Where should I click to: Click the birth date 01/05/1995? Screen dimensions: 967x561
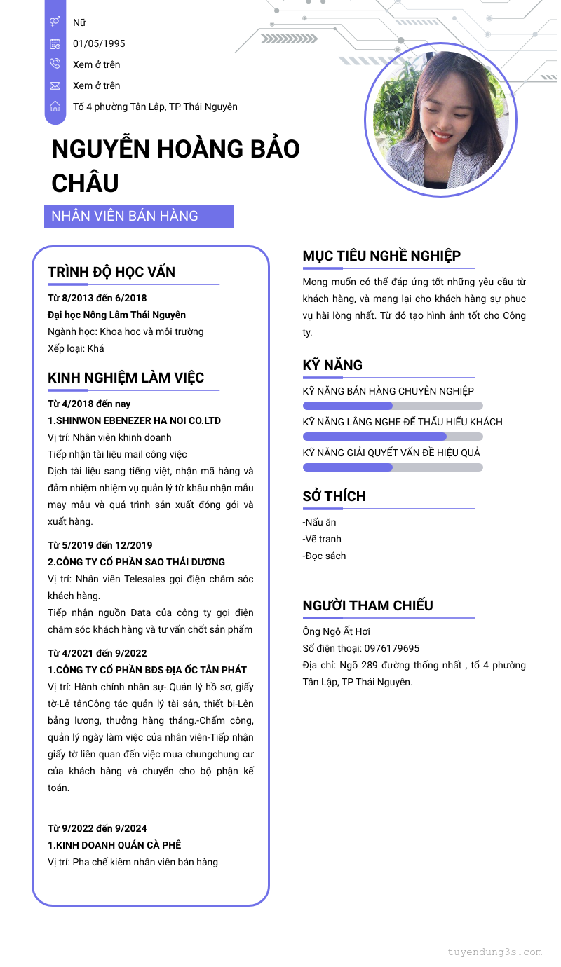pyautogui.click(x=99, y=43)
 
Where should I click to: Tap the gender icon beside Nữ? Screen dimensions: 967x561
pyautogui.click(x=55, y=22)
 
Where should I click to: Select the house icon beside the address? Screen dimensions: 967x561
pyautogui.click(x=55, y=107)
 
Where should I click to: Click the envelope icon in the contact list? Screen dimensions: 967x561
pyautogui.click(x=55, y=85)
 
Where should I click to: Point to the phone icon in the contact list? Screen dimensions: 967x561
pyautogui.click(x=55, y=64)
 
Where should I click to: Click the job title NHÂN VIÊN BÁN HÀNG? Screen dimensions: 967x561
pyautogui.click(x=125, y=216)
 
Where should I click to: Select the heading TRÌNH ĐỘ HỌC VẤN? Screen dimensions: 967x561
pyautogui.click(x=111, y=272)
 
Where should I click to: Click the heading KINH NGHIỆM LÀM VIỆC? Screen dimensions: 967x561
pyautogui.click(x=126, y=378)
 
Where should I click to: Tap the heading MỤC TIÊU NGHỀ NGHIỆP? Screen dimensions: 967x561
pyautogui.click(x=381, y=256)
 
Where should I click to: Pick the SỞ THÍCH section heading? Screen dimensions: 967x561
pyautogui.click(x=334, y=496)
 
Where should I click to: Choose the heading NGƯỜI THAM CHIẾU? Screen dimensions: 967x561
pyautogui.click(x=367, y=605)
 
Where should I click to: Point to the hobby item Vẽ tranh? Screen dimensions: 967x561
pyautogui.click(x=322, y=539)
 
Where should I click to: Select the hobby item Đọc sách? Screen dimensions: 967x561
pyautogui.click(x=324, y=556)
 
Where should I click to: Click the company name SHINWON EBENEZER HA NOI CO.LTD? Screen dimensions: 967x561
pyautogui.click(x=137, y=420)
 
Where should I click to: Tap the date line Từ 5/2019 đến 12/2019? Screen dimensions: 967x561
pyautogui.click(x=100, y=545)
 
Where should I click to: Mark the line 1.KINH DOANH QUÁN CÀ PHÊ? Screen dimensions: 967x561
pyautogui.click(x=114, y=845)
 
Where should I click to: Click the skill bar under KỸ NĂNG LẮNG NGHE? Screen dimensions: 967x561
pyautogui.click(x=393, y=437)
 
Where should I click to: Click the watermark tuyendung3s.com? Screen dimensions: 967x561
pyautogui.click(x=494, y=952)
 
